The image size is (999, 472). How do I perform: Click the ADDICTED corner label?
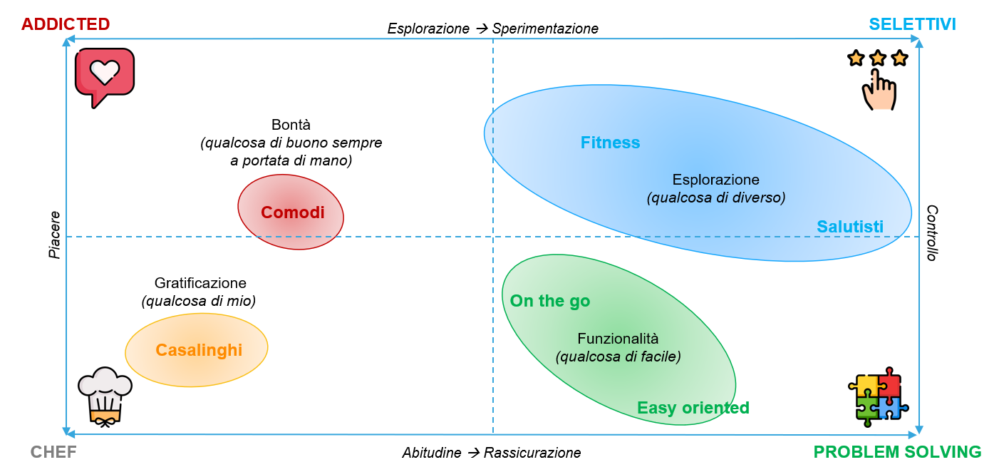click(x=66, y=24)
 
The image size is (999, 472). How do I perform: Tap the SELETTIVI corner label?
click(x=912, y=24)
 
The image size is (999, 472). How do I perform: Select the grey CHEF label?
click(x=53, y=452)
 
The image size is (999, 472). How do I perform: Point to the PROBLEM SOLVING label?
click(x=897, y=452)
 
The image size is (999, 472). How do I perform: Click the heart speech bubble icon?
click(x=105, y=76)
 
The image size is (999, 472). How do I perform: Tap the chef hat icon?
click(x=104, y=396)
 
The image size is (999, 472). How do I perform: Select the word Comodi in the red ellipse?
click(x=292, y=212)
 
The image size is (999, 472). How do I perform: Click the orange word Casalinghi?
click(x=199, y=350)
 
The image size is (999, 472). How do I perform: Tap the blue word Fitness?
click(x=610, y=143)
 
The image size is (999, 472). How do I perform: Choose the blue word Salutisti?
click(x=849, y=227)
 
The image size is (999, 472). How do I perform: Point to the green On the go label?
click(x=550, y=301)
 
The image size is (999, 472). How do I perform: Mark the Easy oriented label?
click(x=693, y=408)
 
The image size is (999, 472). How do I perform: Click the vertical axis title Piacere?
click(x=55, y=235)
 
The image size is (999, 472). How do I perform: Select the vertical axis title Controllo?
click(x=931, y=233)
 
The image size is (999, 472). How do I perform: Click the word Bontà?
click(x=291, y=125)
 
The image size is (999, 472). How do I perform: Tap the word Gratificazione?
click(x=200, y=283)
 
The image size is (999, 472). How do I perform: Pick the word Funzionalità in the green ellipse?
click(x=618, y=339)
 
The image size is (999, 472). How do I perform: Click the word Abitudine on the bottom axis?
click(x=432, y=453)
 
